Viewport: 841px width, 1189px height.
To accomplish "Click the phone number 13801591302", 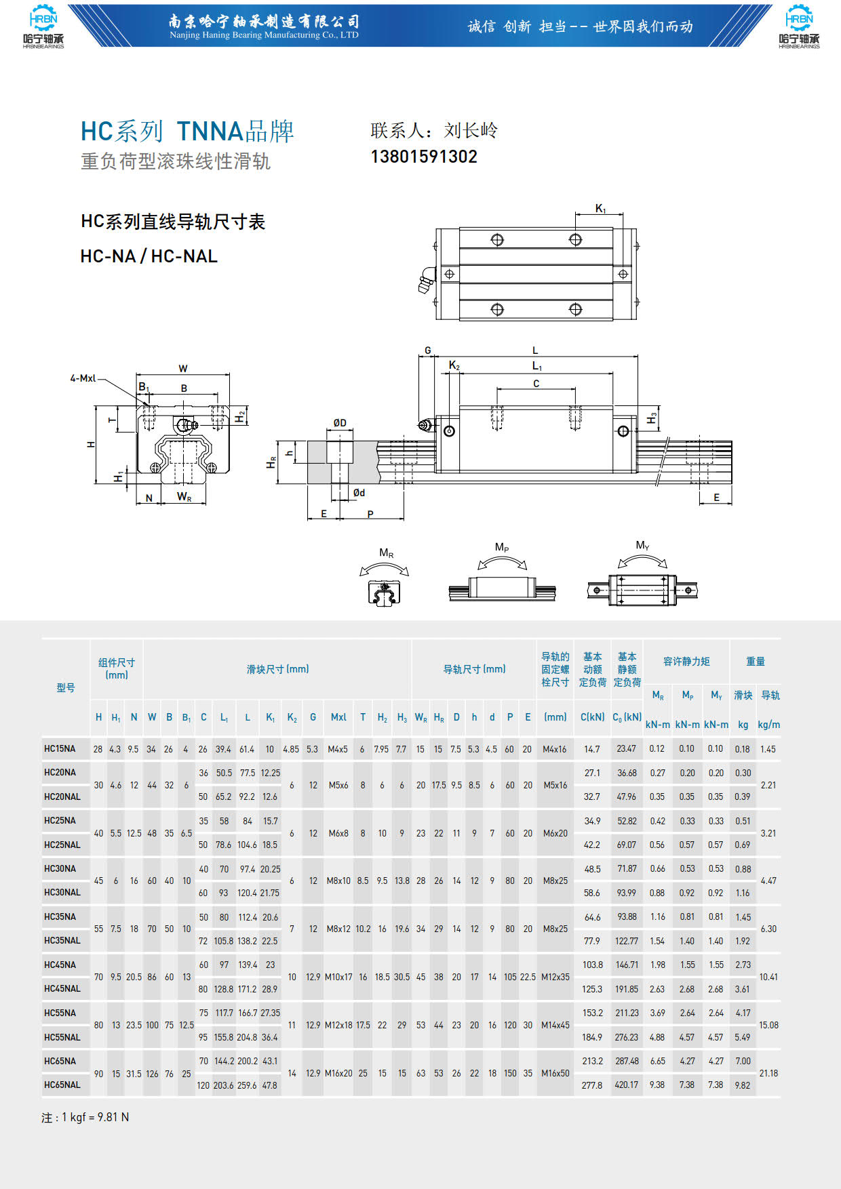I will click(424, 157).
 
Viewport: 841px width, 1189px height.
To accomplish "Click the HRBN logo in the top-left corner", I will click(43, 27).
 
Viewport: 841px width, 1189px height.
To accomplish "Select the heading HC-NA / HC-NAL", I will click(149, 256).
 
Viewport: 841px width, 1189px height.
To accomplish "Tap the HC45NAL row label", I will click(62, 988).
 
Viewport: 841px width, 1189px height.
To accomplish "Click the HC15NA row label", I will click(60, 748).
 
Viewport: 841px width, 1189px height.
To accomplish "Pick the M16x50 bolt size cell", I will click(555, 1073).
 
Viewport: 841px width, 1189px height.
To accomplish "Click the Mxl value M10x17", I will click(338, 977).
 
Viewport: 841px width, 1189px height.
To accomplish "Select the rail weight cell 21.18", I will click(768, 1073).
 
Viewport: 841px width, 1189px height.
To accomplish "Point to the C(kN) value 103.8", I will click(592, 965).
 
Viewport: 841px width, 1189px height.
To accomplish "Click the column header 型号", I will click(66, 687).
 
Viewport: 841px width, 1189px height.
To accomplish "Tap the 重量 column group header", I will click(756, 661).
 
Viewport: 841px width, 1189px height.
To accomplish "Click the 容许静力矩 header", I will click(686, 661).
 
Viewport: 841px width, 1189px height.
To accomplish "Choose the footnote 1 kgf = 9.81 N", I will click(85, 1117).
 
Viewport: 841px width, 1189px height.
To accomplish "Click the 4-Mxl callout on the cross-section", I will click(83, 378).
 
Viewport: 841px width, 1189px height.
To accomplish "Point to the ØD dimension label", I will click(340, 423).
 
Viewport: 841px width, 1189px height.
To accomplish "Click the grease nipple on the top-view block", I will click(427, 279).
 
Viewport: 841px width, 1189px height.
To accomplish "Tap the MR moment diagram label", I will click(386, 553).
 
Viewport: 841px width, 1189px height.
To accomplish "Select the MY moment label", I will click(642, 545).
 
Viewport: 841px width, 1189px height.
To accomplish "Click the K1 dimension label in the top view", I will click(600, 209).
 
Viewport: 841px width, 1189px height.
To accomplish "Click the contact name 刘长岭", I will click(471, 130).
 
